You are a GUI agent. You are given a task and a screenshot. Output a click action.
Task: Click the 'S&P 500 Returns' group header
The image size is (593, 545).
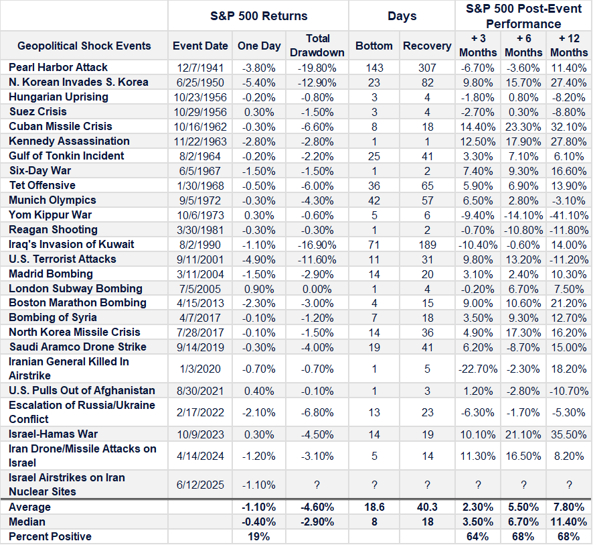tap(258, 15)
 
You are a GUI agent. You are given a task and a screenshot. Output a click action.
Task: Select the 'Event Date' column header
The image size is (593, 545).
tap(200, 46)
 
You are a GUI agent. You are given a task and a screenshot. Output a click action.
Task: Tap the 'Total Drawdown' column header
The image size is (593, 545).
tap(317, 46)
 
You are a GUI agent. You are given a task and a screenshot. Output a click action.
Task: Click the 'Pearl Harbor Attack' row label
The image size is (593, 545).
tap(58, 67)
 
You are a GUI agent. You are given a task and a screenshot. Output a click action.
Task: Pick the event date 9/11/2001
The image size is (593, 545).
tap(200, 259)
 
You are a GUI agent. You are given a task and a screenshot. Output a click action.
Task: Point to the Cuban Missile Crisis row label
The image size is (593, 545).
tap(60, 126)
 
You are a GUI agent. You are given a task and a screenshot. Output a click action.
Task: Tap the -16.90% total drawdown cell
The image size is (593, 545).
tap(317, 244)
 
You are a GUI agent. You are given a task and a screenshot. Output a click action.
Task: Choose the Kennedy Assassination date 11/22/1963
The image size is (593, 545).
tap(200, 141)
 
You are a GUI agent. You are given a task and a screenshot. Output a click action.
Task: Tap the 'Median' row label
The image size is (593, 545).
tap(27, 522)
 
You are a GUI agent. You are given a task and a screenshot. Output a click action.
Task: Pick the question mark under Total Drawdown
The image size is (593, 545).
tap(317, 485)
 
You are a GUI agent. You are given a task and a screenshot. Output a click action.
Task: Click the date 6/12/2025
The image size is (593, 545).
tap(200, 485)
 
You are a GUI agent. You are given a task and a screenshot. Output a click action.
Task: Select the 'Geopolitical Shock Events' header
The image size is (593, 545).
tap(84, 46)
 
